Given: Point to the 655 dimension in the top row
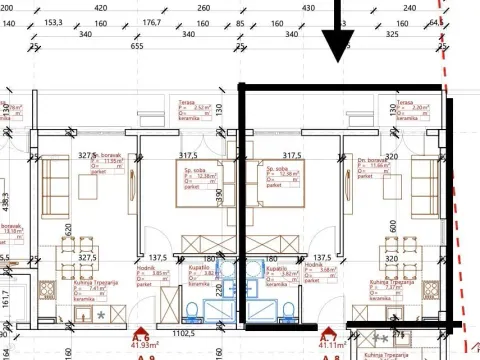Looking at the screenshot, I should click(x=138, y=46).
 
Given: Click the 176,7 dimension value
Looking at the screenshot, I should click(x=152, y=21).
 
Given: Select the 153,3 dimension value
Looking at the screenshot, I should click(x=80, y=21).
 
